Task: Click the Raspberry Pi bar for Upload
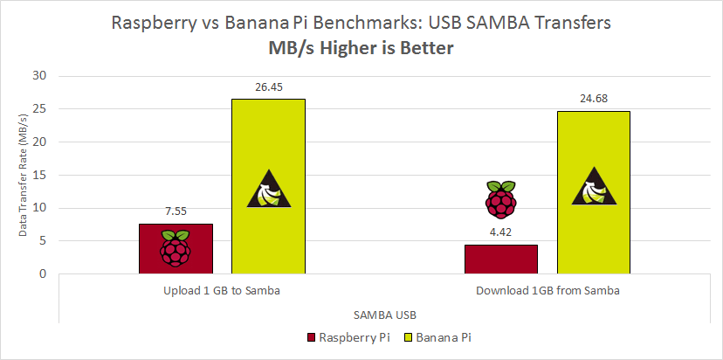[x=176, y=249]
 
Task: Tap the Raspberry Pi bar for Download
[x=500, y=260]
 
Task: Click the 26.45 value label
[x=268, y=87]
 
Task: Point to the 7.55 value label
[x=176, y=211]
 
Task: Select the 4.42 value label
[x=500, y=232]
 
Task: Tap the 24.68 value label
[x=593, y=99]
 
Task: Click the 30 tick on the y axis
[x=38, y=76]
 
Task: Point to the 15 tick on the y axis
[x=38, y=175]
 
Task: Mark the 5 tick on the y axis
[x=41, y=241]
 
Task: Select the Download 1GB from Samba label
[x=547, y=290]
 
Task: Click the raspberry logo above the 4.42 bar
[x=500, y=199]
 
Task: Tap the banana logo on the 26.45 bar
[x=268, y=190]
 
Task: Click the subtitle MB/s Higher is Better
[x=361, y=49]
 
